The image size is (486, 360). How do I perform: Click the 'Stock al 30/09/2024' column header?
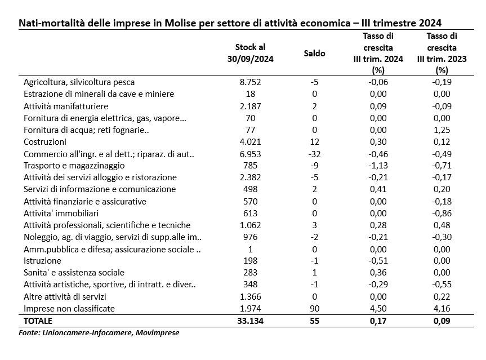[251, 53]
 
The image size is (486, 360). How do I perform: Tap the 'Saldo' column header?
[314, 54]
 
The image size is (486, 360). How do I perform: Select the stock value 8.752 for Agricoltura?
[251, 82]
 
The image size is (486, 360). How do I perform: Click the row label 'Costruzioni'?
[45, 142]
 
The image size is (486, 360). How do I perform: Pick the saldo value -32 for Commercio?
[314, 154]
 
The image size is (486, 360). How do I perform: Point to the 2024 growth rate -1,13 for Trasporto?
[378, 166]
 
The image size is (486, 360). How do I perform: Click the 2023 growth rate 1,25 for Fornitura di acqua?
[442, 130]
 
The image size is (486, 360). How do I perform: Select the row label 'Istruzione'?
[42, 261]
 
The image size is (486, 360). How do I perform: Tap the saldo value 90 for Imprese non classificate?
[314, 309]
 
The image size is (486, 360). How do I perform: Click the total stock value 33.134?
[251, 321]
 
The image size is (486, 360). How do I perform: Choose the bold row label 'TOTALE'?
[38, 321]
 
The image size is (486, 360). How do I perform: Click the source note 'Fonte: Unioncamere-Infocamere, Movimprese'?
[99, 333]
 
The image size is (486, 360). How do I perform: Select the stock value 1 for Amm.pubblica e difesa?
[251, 250]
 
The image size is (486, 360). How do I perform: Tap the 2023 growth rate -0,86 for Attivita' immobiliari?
[442, 214]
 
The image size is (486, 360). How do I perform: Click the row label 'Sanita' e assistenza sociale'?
[74, 273]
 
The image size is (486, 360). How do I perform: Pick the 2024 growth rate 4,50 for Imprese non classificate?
[378, 309]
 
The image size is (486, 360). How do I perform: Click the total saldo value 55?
[314, 321]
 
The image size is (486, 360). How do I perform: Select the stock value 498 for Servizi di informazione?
[251, 189]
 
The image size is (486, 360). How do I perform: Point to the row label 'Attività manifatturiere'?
[66, 106]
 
